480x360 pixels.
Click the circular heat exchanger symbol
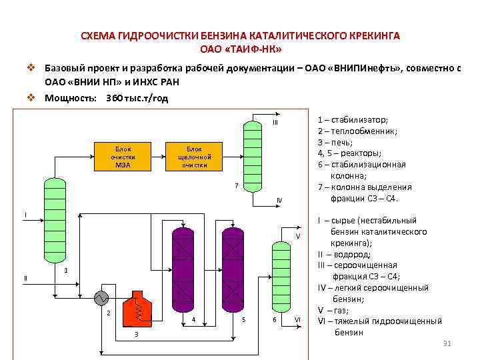101,297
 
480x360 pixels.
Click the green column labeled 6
281,274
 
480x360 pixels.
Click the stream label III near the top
274,123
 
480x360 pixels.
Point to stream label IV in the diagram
279,201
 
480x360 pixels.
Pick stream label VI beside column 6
298,320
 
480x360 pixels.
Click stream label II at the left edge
25,277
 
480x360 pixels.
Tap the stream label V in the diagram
298,237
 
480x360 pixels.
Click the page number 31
447,343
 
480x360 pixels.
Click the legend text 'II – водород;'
344,254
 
